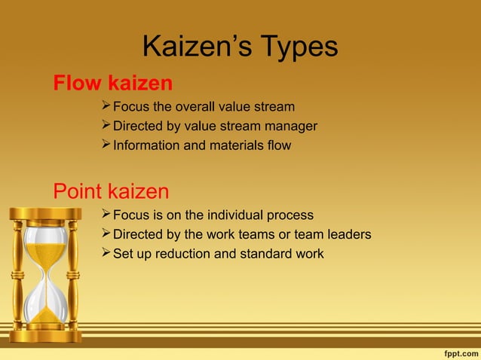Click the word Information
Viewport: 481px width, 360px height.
coord(146,145)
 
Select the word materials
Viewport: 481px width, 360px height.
coord(231,145)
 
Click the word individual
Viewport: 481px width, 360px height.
coord(234,215)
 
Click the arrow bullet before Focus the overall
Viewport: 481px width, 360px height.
coord(106,106)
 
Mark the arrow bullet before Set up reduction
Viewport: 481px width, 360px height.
coord(106,253)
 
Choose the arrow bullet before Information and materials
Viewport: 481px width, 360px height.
coord(106,145)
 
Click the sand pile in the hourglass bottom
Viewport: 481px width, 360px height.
coord(46,315)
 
